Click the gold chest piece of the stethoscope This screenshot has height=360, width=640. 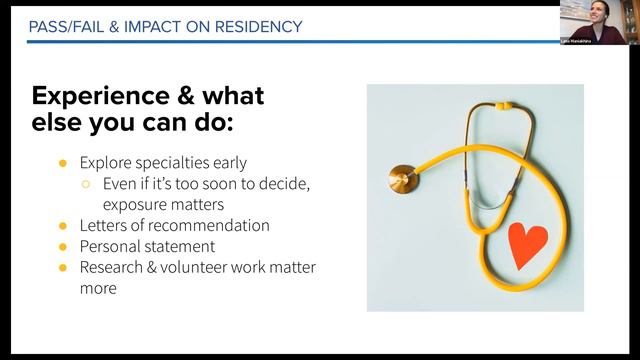pyautogui.click(x=406, y=181)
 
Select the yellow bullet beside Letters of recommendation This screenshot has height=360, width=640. pyautogui.click(x=63, y=226)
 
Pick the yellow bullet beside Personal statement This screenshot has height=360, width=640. pyautogui.click(x=63, y=246)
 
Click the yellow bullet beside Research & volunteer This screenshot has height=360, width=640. pyautogui.click(x=63, y=267)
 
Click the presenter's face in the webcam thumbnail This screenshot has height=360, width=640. pyautogui.click(x=599, y=18)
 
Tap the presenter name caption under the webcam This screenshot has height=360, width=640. pyautogui.click(x=598, y=41)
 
